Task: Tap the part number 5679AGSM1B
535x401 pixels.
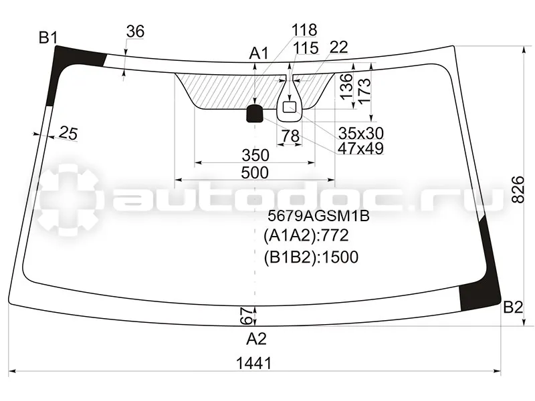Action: [x=318, y=216]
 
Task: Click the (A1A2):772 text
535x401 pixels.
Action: [x=306, y=236]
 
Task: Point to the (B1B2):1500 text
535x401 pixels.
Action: [x=311, y=257]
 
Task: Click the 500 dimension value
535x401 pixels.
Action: [x=255, y=172]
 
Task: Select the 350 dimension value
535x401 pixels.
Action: [x=255, y=155]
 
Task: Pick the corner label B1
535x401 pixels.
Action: [x=47, y=38]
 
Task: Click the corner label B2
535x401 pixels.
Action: [x=512, y=307]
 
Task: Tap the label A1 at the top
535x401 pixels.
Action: [x=258, y=53]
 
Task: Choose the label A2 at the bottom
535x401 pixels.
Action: [x=256, y=339]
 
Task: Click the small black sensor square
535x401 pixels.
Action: [x=255, y=114]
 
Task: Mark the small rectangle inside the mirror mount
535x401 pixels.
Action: [x=290, y=106]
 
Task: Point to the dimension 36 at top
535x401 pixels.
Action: [x=135, y=31]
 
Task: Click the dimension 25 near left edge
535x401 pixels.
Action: [x=68, y=133]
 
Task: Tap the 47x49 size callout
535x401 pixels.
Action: [x=360, y=148]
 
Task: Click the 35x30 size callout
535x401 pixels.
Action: [x=360, y=132]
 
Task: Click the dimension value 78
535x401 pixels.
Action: [x=290, y=136]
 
